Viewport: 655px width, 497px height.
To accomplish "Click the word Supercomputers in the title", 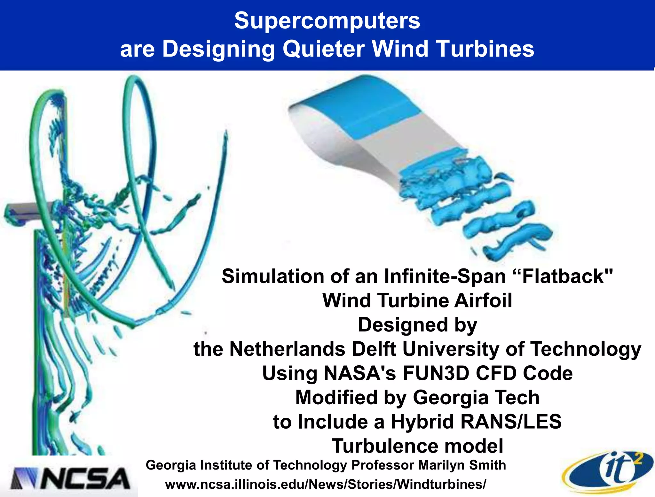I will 327,21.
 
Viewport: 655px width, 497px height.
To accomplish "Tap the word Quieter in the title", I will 323,49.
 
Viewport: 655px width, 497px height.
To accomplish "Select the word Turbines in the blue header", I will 485,49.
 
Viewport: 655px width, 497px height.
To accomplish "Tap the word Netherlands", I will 287,349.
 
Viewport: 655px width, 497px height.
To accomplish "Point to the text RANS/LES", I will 510,422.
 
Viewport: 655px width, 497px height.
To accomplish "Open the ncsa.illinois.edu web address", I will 325,484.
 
